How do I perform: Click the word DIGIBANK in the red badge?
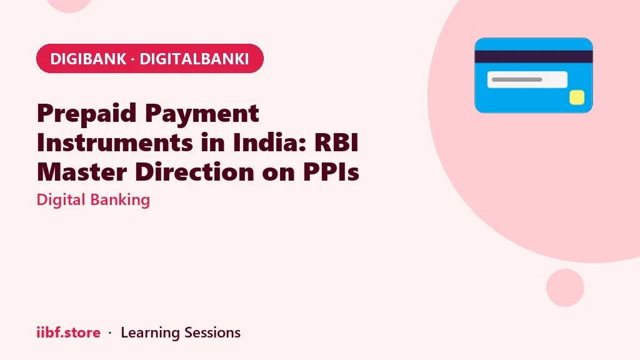[88, 59]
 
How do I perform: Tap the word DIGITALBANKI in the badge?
[194, 59]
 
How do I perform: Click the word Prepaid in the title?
[86, 114]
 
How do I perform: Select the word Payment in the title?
[202, 114]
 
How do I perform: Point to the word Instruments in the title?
[115, 142]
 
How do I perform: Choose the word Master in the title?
[82, 172]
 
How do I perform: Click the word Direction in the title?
[194, 172]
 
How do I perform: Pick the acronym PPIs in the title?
[331, 172]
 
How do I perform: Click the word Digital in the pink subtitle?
[61, 200]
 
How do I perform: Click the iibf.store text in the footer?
[69, 332]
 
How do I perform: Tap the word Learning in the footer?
[150, 333]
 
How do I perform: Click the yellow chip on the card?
[577, 97]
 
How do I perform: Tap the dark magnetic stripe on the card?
[534, 57]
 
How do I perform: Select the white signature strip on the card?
[527, 79]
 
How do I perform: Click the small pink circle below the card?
[565, 287]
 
